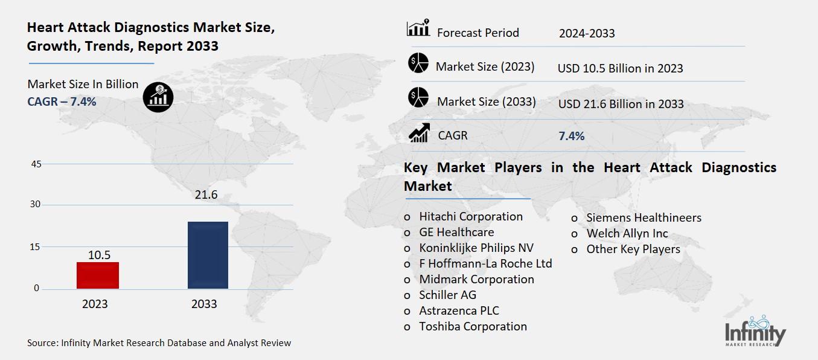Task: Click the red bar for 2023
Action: pyautogui.click(x=98, y=275)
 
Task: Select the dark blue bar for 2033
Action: pyautogui.click(x=208, y=255)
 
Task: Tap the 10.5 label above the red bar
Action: pyautogui.click(x=99, y=255)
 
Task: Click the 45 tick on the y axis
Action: pyautogui.click(x=36, y=164)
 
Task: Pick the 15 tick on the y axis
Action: pyautogui.click(x=36, y=246)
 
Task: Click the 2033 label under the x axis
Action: pyautogui.click(x=204, y=304)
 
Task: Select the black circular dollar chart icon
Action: pyautogui.click(x=158, y=97)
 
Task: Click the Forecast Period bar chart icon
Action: pyautogui.click(x=418, y=28)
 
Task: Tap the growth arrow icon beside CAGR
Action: pyautogui.click(x=419, y=133)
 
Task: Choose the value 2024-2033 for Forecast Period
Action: pyautogui.click(x=586, y=33)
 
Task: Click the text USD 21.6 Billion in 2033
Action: pyautogui.click(x=621, y=104)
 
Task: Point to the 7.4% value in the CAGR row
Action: pyautogui.click(x=571, y=136)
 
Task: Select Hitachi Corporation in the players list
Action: pyautogui.click(x=471, y=216)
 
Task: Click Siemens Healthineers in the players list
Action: pyautogui.click(x=644, y=217)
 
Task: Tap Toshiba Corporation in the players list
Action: pyautogui.click(x=473, y=326)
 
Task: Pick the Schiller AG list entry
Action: pyautogui.click(x=447, y=295)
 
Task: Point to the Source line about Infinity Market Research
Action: pyautogui.click(x=159, y=343)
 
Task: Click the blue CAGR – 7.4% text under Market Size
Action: pyautogui.click(x=62, y=101)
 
